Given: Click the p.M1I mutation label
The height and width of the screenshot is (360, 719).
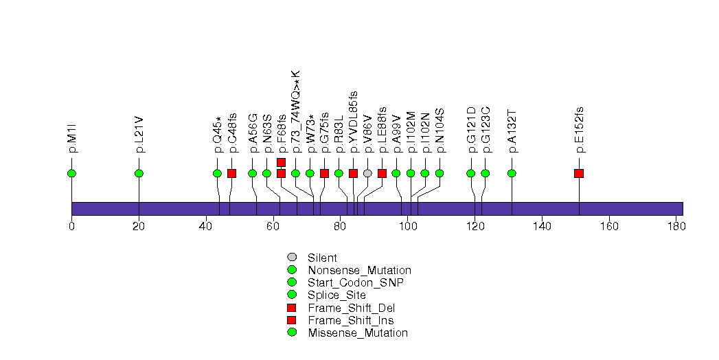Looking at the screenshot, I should pos(71,139).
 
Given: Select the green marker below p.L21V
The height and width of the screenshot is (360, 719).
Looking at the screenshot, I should pos(139,173).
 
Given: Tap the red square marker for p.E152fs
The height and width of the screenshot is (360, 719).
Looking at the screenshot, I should pos(579,173).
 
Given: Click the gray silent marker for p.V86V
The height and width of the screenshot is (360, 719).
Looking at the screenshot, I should pos(367,173).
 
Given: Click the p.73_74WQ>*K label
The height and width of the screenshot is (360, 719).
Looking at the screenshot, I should pos(296,111).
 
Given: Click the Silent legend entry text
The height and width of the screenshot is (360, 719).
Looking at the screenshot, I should pos(322,258).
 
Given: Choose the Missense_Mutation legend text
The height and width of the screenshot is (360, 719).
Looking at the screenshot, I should pos(357,333).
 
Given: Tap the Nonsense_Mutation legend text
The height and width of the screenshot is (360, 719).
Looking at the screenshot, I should pos(359,271).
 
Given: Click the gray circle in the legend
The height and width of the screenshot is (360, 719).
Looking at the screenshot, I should pos(292,258).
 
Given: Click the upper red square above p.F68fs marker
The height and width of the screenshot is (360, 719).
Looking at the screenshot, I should pos(281,162).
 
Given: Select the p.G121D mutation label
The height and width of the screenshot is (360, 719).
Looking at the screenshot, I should pos(471,129).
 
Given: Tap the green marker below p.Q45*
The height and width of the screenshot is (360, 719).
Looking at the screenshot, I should pos(217,173).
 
